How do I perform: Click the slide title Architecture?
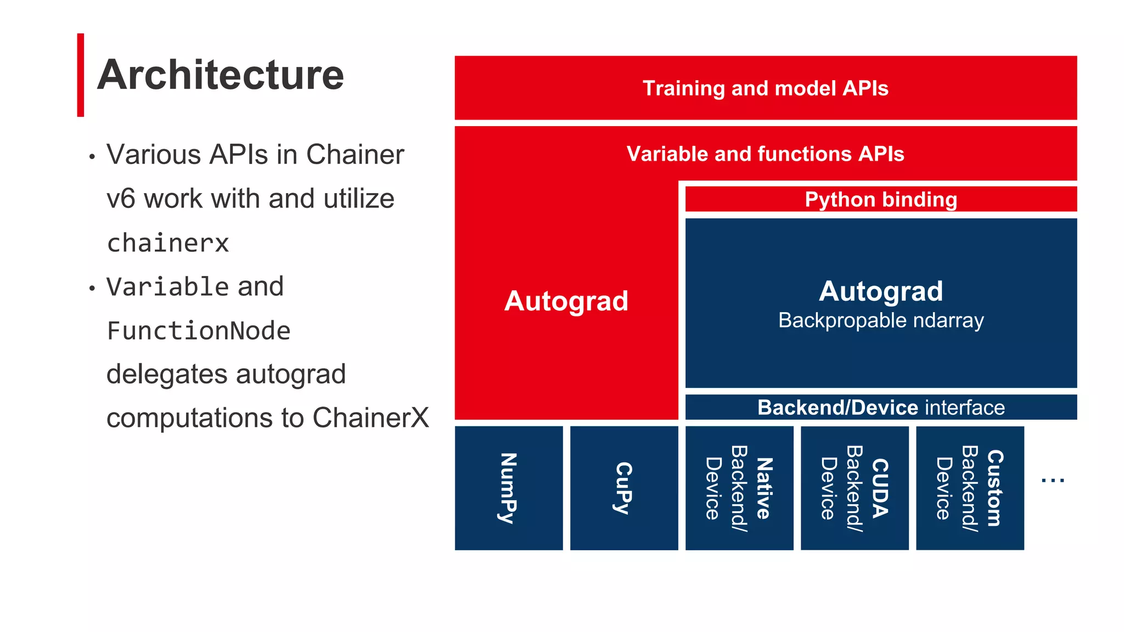tap(220, 75)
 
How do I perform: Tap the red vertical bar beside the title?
tap(81, 75)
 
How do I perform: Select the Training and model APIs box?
tap(765, 88)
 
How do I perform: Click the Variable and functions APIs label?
tap(765, 154)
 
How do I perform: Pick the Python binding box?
tap(880, 200)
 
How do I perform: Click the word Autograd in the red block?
tap(566, 301)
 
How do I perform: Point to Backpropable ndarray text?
tap(880, 320)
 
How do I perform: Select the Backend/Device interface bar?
tap(880, 408)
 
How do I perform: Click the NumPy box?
tap(508, 488)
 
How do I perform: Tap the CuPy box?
tap(623, 488)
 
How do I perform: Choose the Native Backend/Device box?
tap(739, 488)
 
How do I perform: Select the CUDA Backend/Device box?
tap(854, 488)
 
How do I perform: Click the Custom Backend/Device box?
tap(969, 488)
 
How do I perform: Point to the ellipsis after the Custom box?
tap(1052, 481)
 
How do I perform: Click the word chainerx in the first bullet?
tap(168, 243)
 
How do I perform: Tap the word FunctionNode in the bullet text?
tap(198, 331)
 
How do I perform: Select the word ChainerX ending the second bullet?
tap(370, 418)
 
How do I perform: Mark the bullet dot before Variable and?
tap(92, 289)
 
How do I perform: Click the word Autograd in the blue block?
tap(880, 291)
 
